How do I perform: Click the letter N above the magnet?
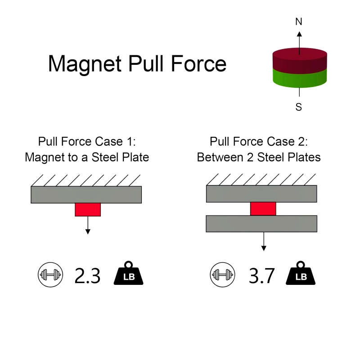[x=298, y=21]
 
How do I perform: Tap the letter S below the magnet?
[x=298, y=107]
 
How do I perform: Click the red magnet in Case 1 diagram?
[x=88, y=210]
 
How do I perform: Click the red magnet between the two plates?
[x=263, y=209]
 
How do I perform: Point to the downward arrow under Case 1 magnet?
[x=88, y=225]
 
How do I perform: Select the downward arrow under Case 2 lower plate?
[x=263, y=242]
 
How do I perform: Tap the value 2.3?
[x=87, y=275]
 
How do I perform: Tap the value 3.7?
[x=261, y=275]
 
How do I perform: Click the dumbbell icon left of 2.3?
[x=48, y=275]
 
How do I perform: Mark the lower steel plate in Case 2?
[x=261, y=224]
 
